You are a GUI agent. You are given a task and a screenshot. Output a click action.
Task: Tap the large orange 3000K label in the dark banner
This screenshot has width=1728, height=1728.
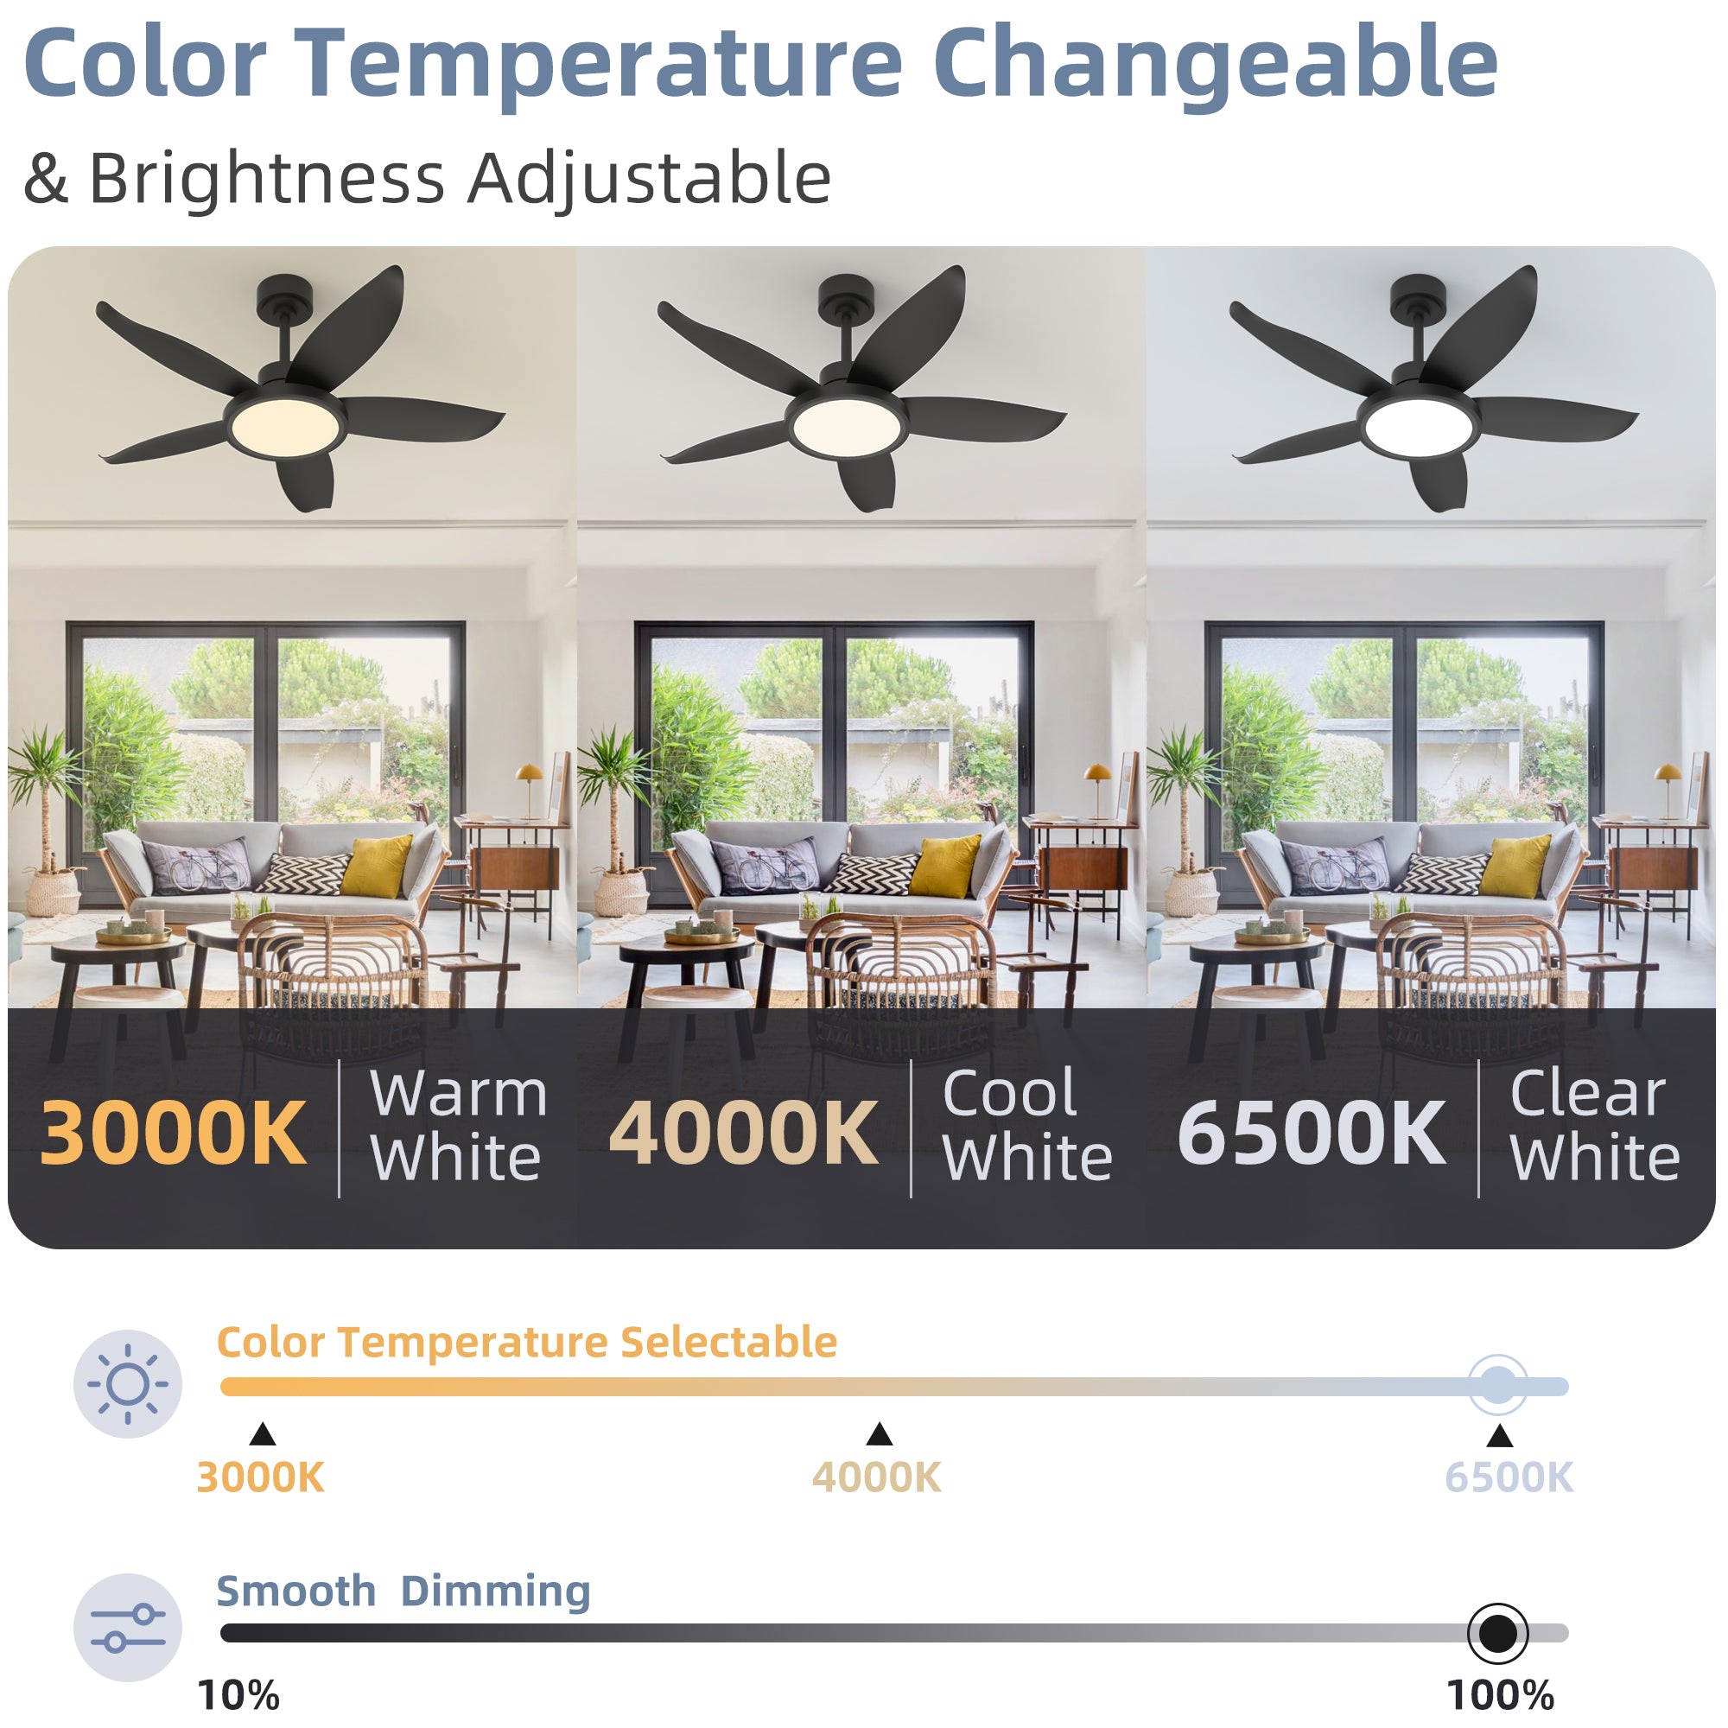tap(174, 1134)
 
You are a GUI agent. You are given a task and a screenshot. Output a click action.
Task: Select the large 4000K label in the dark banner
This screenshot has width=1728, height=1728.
tap(743, 1134)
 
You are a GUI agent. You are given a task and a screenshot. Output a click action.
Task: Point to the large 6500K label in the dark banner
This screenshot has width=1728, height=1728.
tap(1312, 1134)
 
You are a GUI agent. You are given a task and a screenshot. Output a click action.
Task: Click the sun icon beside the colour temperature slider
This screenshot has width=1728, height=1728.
tap(128, 1383)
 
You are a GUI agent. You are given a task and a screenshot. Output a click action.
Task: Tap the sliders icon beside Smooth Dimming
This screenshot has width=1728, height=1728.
tap(128, 1628)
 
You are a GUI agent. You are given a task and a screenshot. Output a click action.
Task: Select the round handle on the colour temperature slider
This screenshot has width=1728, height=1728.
tap(1498, 1386)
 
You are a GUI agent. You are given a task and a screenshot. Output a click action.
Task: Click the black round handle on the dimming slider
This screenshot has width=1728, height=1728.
tap(1498, 1633)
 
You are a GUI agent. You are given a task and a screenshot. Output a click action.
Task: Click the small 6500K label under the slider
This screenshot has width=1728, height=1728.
tap(1509, 1477)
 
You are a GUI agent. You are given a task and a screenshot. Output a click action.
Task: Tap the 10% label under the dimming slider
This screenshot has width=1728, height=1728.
tap(238, 1696)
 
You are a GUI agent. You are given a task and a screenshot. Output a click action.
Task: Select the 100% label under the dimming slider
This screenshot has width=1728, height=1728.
tap(1500, 1696)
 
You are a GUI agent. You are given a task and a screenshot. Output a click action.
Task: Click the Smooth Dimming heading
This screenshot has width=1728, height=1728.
tap(403, 1591)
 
